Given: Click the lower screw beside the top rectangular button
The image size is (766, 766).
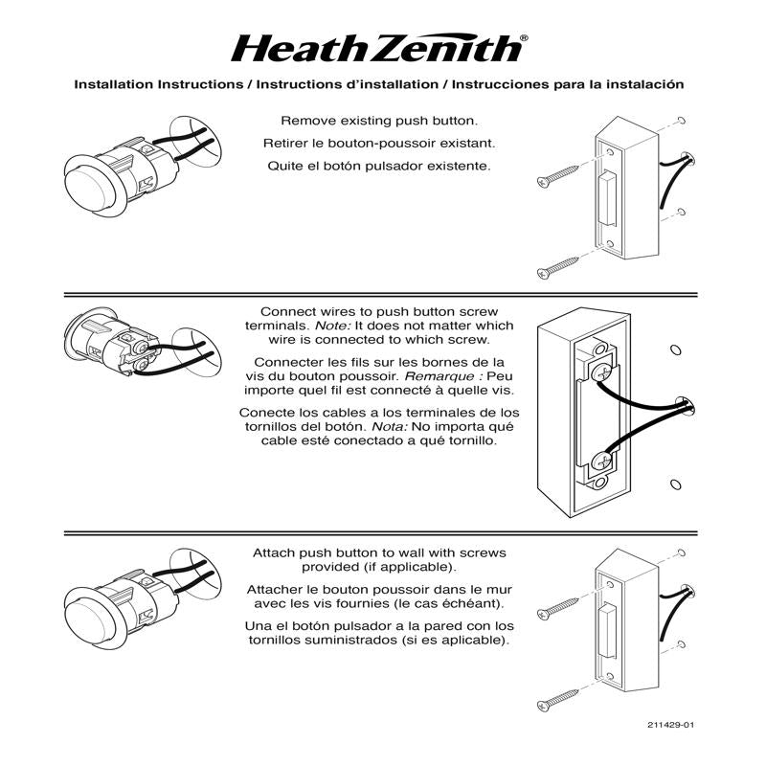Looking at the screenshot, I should pyautogui.click(x=558, y=265).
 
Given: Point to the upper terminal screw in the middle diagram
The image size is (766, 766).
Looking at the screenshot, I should pyautogui.click(x=602, y=369).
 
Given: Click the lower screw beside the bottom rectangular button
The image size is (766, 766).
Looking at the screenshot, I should pyautogui.click(x=558, y=696).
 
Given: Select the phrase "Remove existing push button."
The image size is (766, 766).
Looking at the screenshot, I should pyautogui.click(x=379, y=122).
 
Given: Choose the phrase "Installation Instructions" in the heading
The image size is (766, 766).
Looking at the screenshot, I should pyautogui.click(x=159, y=84).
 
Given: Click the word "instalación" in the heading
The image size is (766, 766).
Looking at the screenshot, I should pyautogui.click(x=648, y=84).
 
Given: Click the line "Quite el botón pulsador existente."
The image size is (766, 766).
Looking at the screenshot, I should pyautogui.click(x=379, y=165).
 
